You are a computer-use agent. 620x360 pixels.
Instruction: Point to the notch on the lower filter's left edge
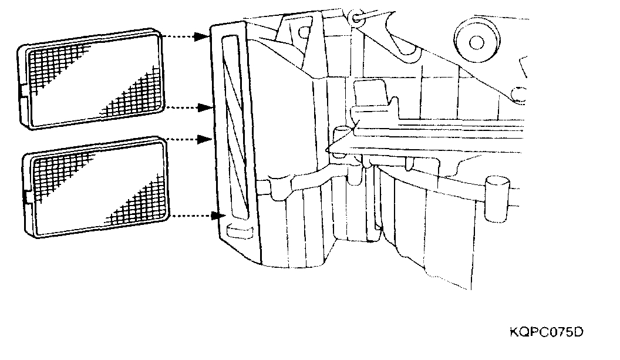(25, 193)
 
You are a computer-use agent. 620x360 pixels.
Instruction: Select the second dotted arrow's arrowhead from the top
(205, 108)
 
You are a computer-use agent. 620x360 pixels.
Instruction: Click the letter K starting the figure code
(514, 332)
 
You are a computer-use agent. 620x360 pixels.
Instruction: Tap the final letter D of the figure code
(578, 332)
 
